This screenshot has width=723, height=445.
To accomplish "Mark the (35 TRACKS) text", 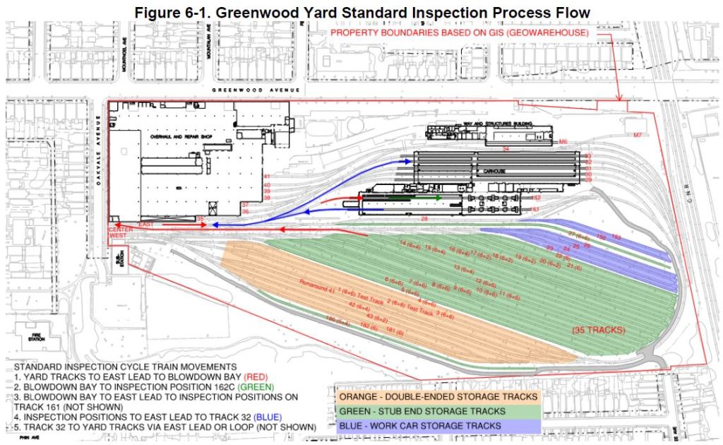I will coord(594,330).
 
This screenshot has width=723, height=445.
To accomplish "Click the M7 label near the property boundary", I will coord(638,133).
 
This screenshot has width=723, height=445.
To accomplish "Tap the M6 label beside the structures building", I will coord(563,142).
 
